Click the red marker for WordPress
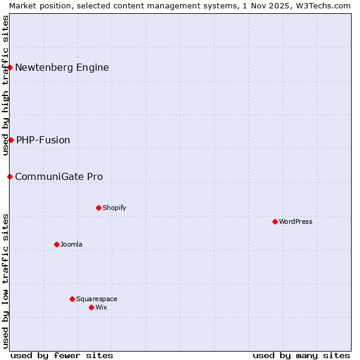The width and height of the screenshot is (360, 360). (x=275, y=221)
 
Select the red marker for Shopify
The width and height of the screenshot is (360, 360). (x=98, y=208)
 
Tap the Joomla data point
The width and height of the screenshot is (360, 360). (x=56, y=244)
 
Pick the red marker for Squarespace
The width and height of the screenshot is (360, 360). (x=72, y=299)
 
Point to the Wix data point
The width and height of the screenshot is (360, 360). (x=91, y=307)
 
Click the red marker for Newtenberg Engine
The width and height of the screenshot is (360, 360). (x=10, y=67)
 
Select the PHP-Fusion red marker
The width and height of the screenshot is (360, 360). (x=11, y=140)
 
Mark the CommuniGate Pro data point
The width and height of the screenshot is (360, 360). (x=10, y=176)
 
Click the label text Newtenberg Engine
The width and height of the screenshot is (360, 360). (x=62, y=67)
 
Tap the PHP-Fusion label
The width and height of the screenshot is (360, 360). (x=43, y=140)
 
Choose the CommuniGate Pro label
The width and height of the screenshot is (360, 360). (x=59, y=176)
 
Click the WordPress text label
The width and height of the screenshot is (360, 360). (x=296, y=221)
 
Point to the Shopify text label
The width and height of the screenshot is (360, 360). (x=114, y=208)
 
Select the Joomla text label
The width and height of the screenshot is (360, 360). (x=71, y=244)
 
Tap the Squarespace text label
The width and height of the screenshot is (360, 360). (x=97, y=299)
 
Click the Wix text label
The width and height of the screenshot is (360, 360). (x=101, y=307)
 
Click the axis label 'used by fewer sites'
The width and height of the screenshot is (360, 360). (x=62, y=355)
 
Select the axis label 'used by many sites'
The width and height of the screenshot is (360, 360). (x=301, y=355)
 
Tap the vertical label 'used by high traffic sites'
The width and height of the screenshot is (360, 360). (x=5, y=85)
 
